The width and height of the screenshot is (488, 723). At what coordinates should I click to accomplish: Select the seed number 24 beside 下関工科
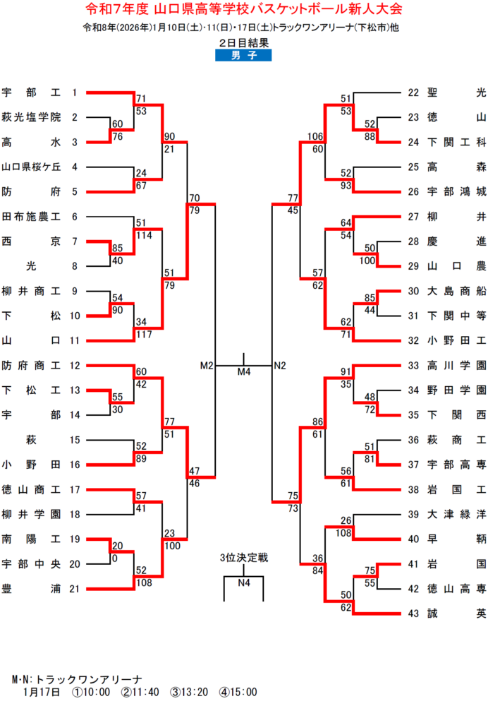(x=414, y=141)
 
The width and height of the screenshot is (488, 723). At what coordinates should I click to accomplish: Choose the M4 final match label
(x=243, y=372)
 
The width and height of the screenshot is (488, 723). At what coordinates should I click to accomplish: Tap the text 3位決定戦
(x=243, y=558)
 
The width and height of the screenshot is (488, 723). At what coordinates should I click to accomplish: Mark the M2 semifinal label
(x=206, y=366)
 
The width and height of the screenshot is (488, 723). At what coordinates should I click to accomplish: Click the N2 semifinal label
(x=280, y=366)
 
